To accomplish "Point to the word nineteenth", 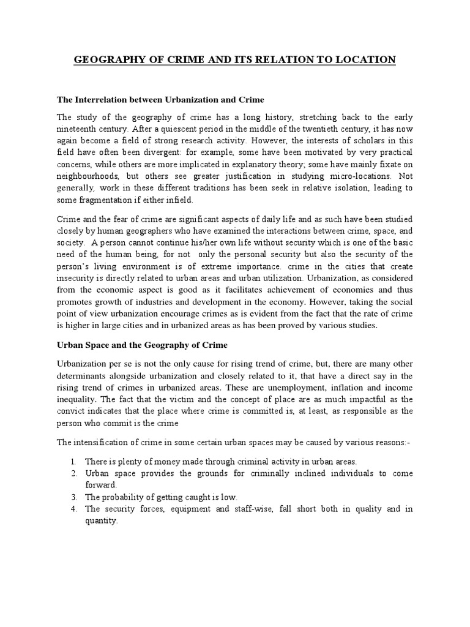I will point(78,129).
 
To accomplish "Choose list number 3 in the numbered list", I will point(72,497).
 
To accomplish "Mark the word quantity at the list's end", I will point(101,522).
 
